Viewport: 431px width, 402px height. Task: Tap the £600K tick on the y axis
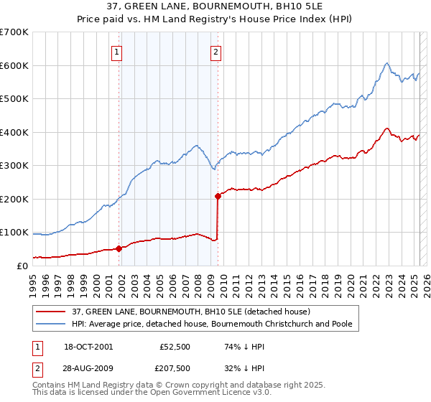point(14,65)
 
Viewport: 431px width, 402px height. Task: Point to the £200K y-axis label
point(14,199)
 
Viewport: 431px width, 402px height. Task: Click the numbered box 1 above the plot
point(116,51)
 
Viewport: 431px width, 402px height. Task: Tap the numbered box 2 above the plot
point(215,51)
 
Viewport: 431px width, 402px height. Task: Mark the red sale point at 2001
point(119,248)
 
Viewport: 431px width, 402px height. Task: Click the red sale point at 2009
point(218,195)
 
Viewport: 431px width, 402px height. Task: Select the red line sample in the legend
point(52,312)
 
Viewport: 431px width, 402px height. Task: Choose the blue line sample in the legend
point(52,324)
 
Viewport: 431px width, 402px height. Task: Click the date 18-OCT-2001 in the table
point(88,346)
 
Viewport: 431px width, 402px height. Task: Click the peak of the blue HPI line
point(386,63)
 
